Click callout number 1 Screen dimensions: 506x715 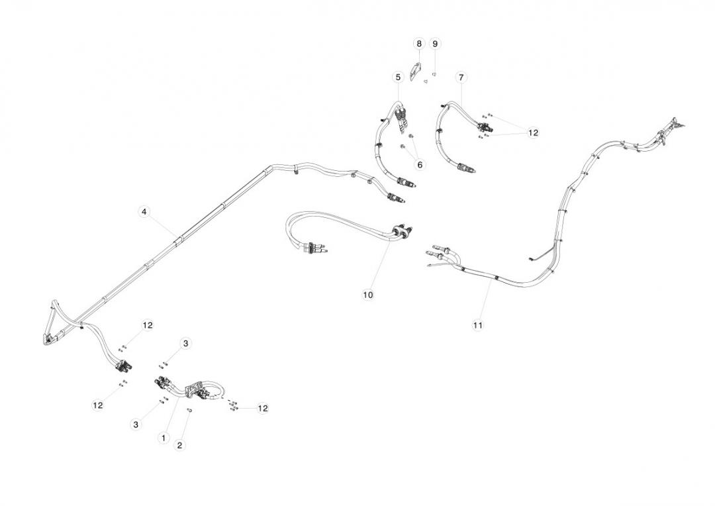pos(163,438)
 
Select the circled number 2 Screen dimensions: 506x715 pos(179,445)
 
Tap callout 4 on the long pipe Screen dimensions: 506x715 pos(144,211)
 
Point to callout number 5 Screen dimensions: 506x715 pos(398,77)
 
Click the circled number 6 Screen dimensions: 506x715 pos(419,164)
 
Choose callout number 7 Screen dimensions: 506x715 pos(461,77)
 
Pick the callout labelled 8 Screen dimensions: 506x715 pos(418,43)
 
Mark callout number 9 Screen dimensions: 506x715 pos(435,43)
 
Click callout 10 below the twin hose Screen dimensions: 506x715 pos(368,294)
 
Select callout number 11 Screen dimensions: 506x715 pos(478,325)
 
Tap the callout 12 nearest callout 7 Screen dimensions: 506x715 pos(533,132)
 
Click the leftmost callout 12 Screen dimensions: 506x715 pos(97,405)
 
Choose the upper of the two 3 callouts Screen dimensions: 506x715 pos(185,343)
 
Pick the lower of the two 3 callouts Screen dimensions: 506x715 pos(136,424)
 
